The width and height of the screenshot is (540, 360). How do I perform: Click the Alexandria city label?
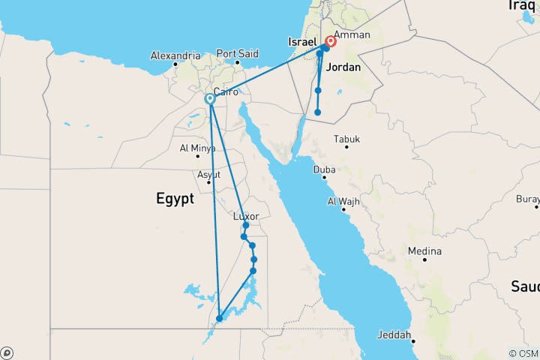(x=175, y=55)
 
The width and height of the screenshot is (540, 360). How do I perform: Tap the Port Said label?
(x=236, y=54)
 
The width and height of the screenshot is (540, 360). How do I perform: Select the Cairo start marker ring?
(x=210, y=97)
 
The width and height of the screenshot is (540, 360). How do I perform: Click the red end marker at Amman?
(x=330, y=42)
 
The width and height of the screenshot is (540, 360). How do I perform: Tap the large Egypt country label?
(x=175, y=199)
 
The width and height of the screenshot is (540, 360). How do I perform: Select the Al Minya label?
(x=198, y=148)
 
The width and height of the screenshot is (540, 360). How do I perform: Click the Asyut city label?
(x=208, y=175)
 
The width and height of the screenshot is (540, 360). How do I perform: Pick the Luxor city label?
(x=247, y=216)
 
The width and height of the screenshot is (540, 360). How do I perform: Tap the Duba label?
(x=324, y=170)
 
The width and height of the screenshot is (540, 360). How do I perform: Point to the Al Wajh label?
(x=344, y=202)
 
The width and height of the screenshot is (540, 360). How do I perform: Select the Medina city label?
(x=424, y=250)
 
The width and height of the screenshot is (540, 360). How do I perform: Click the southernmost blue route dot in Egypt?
(x=219, y=319)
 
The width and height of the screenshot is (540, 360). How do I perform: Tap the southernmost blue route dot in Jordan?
(x=318, y=112)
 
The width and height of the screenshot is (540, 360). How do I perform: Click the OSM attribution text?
(x=523, y=353)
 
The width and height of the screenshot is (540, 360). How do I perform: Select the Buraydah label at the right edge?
(x=528, y=199)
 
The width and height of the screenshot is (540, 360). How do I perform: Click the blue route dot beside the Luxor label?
(x=246, y=225)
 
